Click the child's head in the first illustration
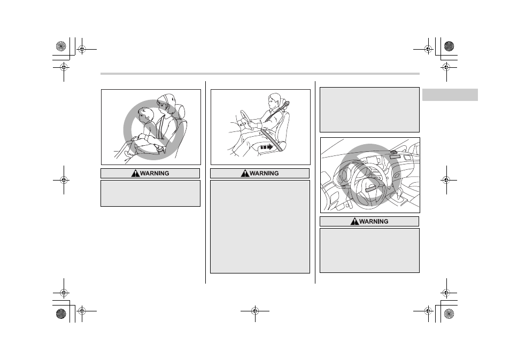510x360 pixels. pos(145,115)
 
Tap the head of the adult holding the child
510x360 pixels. pos(165,102)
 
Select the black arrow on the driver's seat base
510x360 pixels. pos(266,147)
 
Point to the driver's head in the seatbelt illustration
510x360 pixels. pos(274,101)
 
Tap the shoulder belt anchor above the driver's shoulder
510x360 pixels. pos(287,105)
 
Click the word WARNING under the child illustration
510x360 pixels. pos(154,174)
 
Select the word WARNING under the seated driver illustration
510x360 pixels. pos(264,174)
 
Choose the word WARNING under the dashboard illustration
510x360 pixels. pos(374,222)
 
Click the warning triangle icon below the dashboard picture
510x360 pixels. pos(354,222)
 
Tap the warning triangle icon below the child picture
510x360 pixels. pos(135,174)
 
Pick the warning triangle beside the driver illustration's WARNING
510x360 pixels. pos(245,174)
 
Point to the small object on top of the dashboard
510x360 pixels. pos(393,151)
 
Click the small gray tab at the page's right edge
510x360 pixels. pos(450,95)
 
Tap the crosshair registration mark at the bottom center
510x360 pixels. pos(255,311)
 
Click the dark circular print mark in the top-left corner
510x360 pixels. pos(61,46)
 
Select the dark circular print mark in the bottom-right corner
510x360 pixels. pos(449,314)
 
